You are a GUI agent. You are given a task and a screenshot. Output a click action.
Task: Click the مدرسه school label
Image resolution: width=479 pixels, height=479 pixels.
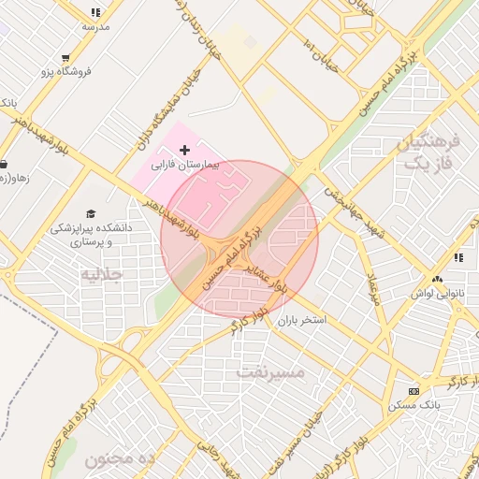tap(95, 26)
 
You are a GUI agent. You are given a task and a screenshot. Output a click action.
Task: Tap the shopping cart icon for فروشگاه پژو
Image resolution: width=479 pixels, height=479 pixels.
tap(65, 58)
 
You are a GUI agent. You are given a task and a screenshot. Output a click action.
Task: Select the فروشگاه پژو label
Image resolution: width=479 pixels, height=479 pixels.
tap(66, 72)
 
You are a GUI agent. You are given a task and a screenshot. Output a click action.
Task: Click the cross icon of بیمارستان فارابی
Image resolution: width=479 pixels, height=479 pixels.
tap(184, 150)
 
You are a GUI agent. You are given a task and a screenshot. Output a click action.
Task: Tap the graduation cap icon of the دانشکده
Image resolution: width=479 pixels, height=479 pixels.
tap(91, 214)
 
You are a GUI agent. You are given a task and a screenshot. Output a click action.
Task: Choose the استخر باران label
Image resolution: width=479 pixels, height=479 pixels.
tap(301, 320)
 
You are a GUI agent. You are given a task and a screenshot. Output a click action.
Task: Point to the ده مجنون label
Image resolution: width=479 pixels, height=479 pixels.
tap(119, 458)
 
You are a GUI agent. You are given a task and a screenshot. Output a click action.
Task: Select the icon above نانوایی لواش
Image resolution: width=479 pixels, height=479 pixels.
tap(437, 280)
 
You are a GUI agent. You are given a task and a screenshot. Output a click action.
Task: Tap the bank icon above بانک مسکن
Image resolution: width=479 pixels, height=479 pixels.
tap(414, 390)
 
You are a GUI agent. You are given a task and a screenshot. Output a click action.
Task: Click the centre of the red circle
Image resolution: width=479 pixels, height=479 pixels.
tap(239, 239)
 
